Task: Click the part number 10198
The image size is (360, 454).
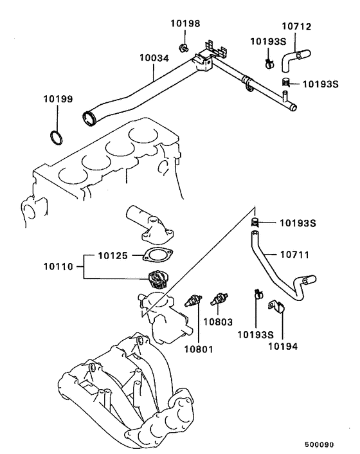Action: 185,24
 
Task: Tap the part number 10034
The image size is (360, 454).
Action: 154,57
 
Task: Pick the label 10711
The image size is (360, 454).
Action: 295,255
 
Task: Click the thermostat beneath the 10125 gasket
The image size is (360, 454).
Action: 157,279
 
